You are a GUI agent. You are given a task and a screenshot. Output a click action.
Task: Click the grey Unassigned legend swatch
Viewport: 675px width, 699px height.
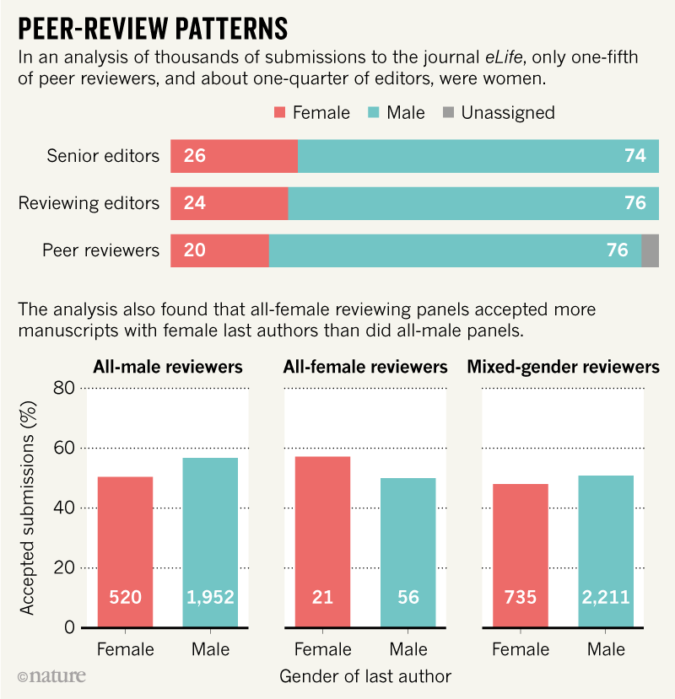point(447,112)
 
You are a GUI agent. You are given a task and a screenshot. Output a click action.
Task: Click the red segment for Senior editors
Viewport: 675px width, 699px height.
point(234,156)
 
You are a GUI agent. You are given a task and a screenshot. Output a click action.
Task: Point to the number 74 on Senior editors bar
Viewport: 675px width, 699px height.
point(635,156)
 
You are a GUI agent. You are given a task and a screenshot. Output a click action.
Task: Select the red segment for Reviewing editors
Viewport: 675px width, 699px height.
point(229,203)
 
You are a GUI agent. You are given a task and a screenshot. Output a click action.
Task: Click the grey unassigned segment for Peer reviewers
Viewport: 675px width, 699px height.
point(650,250)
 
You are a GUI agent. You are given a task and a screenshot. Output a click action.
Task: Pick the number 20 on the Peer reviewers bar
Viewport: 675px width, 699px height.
point(194,250)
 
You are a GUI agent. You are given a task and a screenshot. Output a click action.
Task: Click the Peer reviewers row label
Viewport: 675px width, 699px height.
point(100,250)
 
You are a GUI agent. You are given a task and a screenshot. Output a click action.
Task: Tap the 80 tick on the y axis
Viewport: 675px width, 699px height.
point(64,388)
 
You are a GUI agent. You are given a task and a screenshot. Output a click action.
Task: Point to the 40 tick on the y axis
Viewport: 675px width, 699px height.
point(64,508)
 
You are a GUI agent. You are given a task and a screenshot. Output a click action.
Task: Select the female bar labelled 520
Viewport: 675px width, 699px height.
point(125,552)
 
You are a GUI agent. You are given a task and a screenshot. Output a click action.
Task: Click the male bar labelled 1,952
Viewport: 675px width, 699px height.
point(209,543)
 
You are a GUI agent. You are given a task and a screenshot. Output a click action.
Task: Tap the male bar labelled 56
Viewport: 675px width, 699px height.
point(408,553)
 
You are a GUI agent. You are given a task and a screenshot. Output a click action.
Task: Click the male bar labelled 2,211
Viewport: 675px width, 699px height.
point(606,552)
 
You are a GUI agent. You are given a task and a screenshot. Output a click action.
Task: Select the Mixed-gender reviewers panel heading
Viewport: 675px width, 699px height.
point(563,368)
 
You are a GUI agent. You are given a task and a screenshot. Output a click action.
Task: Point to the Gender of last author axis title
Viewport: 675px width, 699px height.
point(364,675)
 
